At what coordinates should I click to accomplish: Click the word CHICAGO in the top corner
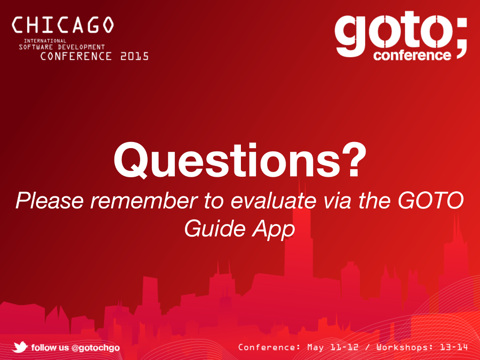[63, 25]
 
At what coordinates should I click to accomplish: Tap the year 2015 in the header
[135, 56]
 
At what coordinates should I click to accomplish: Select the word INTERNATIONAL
[45, 41]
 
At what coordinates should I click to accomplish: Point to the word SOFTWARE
[36, 47]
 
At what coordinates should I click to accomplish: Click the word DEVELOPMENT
[82, 47]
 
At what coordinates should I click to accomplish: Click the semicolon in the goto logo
[461, 38]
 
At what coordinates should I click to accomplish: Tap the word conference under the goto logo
[412, 55]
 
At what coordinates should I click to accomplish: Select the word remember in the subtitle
[144, 201]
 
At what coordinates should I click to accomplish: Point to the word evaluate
[273, 201]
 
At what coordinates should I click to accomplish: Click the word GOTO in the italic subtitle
[431, 200]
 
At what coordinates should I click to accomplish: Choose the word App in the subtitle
[273, 230]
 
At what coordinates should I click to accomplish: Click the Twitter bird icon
[20, 347]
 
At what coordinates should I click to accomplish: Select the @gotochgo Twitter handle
[95, 348]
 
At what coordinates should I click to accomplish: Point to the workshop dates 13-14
[454, 347]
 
